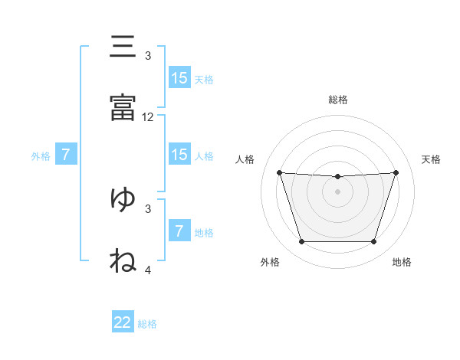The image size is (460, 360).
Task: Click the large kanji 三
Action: pos(123,46)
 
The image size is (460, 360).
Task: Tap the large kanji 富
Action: pos(123,107)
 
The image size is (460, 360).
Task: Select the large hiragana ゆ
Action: pos(123,198)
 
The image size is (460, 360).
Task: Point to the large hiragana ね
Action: pos(123,260)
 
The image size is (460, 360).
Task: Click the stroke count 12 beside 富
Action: pos(147,117)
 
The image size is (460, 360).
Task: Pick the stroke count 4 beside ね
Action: pos(148,270)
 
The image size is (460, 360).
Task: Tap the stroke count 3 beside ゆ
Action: pos(148,209)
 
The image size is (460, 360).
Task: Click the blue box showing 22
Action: pos(123,321)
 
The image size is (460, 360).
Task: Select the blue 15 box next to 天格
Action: pos(180,77)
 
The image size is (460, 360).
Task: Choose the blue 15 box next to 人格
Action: pos(180,154)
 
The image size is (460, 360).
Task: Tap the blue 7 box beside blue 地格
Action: pos(180,230)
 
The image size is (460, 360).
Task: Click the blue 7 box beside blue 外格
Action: pos(66,154)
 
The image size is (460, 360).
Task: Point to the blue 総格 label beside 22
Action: pos(147,324)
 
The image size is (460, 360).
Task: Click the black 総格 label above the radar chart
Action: pos(338,100)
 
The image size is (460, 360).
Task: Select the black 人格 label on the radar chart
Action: pos(245,159)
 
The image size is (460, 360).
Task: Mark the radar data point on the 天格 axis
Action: pos(396,172)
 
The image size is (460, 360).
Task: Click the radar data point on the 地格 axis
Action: pos(373,241)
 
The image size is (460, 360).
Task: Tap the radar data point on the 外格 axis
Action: pos(302,241)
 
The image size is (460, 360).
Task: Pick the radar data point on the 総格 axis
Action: pos(337,176)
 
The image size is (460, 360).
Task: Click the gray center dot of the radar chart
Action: pos(337,191)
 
